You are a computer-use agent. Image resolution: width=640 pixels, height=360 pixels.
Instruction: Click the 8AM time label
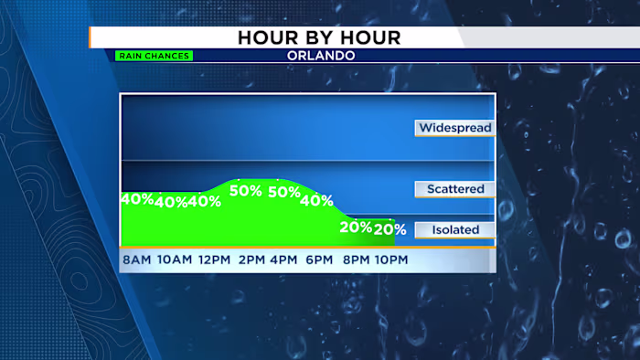(x=136, y=260)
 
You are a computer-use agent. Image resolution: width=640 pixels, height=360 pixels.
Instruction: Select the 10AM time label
(x=175, y=260)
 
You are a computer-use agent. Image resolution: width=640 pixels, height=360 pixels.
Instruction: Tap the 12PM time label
(x=214, y=260)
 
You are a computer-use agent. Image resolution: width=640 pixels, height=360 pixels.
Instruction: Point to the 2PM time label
(x=253, y=260)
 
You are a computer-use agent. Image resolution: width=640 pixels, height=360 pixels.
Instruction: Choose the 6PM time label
(x=319, y=260)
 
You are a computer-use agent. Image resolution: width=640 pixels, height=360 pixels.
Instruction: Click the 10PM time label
(x=390, y=260)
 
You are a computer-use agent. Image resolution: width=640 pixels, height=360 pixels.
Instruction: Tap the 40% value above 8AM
(x=136, y=199)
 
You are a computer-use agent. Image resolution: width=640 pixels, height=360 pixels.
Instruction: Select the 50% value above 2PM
(x=246, y=191)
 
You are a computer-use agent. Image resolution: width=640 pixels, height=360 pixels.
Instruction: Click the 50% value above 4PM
(x=284, y=192)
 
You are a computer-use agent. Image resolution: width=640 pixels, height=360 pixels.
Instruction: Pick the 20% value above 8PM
(x=356, y=227)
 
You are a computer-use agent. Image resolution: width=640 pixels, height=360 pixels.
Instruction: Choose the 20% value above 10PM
(x=389, y=229)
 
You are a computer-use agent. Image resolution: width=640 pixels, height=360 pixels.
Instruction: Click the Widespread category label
(x=454, y=128)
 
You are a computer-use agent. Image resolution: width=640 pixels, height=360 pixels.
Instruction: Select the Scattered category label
(x=454, y=189)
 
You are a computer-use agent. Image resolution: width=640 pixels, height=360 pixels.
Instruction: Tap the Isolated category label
(x=454, y=229)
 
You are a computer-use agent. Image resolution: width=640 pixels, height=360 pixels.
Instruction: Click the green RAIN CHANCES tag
(x=154, y=56)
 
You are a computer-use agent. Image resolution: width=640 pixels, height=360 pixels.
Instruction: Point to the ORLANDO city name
(x=320, y=56)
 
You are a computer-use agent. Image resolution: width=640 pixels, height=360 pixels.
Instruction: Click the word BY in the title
(x=320, y=37)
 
